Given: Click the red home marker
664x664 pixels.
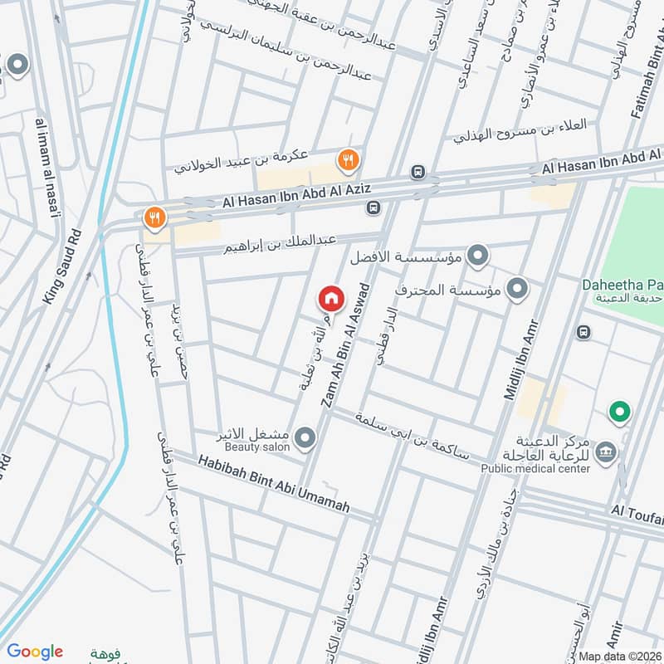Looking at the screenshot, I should pyautogui.click(x=330, y=297).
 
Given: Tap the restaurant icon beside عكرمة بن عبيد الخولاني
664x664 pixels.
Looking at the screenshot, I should pyautogui.click(x=347, y=159).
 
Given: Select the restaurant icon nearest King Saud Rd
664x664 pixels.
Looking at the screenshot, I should pyautogui.click(x=154, y=217).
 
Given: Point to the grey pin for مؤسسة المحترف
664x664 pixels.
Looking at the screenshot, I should pyautogui.click(x=517, y=289).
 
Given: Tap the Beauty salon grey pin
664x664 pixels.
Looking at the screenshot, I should pyautogui.click(x=305, y=437).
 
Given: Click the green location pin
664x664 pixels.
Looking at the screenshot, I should pyautogui.click(x=618, y=410).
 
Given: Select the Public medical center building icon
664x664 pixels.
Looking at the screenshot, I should pyautogui.click(x=607, y=451).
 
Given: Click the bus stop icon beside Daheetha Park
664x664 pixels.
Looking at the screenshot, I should pyautogui.click(x=583, y=332).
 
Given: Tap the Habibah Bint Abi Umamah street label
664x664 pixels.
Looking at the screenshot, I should pyautogui.click(x=273, y=482).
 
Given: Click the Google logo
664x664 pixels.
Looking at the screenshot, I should pyautogui.click(x=35, y=652).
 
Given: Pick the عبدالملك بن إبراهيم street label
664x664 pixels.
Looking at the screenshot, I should pyautogui.click(x=278, y=246).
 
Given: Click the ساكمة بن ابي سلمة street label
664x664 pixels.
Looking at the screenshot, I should pyautogui.click(x=410, y=438).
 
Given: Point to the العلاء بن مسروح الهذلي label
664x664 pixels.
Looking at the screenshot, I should pyautogui.click(x=520, y=130).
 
